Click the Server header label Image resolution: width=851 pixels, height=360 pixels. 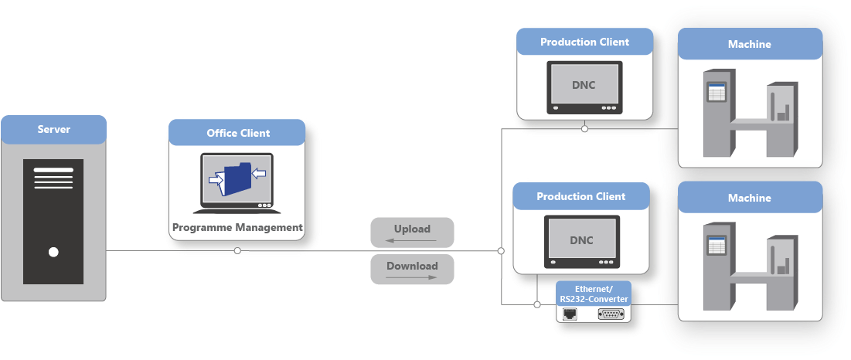tap(53, 129)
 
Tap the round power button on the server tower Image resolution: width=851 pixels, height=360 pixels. tap(53, 252)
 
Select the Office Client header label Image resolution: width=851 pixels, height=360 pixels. tap(238, 133)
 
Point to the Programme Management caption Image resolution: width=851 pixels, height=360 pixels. tap(237, 227)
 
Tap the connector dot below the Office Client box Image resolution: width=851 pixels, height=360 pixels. tap(237, 250)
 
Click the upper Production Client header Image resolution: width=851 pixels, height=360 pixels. tap(584, 42)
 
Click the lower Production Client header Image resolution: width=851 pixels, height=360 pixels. tap(580, 196)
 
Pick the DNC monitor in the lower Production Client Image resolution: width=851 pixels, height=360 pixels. tap(581, 240)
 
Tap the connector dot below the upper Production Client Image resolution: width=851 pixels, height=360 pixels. tap(585, 129)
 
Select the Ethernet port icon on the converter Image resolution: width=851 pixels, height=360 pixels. tap(570, 314)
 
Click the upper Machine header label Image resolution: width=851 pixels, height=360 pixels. tap(749, 44)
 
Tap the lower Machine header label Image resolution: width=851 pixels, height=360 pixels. tap(749, 198)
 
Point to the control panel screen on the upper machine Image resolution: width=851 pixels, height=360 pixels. tap(717, 93)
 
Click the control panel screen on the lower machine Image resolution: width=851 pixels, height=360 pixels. tap(717, 246)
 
